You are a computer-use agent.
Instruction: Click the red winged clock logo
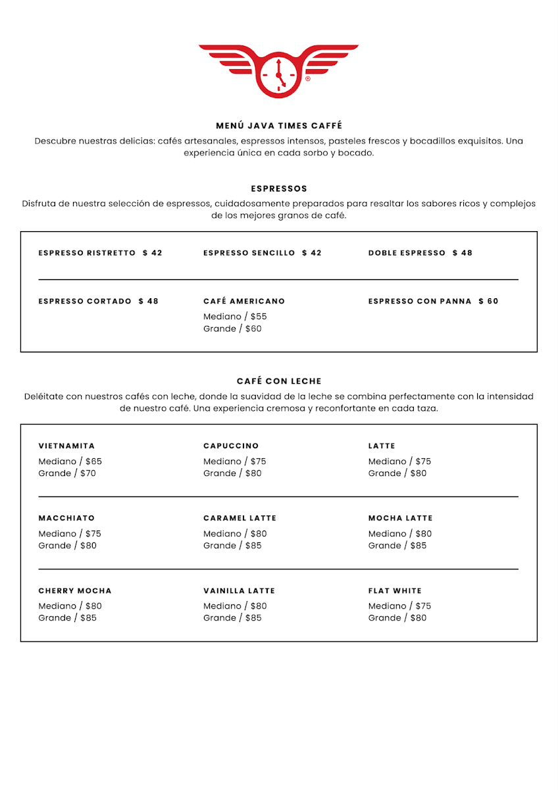coord(278,70)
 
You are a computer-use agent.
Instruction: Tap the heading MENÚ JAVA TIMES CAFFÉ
coord(279,126)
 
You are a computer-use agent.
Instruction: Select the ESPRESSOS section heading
coord(279,189)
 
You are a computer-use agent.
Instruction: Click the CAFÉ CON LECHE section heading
coord(279,381)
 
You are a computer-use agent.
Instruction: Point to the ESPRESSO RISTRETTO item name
coord(88,253)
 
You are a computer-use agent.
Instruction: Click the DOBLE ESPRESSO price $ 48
coord(463,253)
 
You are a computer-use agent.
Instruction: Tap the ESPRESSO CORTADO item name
coord(86,302)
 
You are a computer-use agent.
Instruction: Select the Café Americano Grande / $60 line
coord(232,329)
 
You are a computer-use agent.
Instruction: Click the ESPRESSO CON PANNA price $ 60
coord(488,302)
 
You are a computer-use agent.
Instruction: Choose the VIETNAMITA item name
coord(67,446)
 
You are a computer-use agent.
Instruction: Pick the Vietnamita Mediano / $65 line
coord(70,461)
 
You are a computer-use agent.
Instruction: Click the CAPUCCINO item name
coord(231,446)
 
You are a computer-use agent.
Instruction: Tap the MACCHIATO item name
coord(67,518)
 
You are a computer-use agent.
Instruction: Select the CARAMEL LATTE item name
coord(240,518)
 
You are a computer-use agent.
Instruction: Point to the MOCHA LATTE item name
coord(400,518)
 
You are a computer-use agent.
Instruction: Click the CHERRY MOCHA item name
coord(75,591)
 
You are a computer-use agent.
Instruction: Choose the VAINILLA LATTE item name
coord(240,591)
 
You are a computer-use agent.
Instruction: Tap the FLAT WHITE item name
coord(395,591)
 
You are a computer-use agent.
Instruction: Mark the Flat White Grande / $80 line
coord(397,618)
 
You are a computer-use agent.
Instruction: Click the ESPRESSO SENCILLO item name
coord(249,253)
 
